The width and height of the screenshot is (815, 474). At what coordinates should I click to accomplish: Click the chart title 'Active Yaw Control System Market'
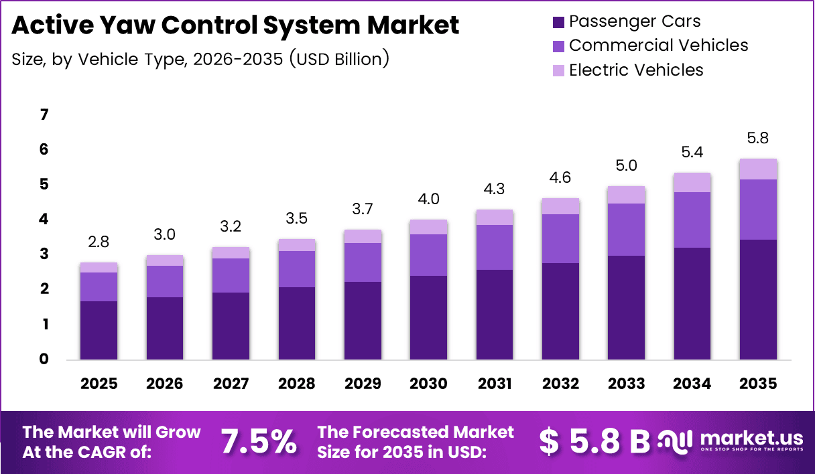(x=235, y=25)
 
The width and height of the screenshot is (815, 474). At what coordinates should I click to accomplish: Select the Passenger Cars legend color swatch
(x=558, y=22)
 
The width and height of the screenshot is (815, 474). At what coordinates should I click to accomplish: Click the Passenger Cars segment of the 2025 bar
(x=99, y=330)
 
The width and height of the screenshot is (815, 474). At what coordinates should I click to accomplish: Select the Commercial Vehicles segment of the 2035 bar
(x=758, y=209)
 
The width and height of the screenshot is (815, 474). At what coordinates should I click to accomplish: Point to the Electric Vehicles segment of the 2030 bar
(x=428, y=227)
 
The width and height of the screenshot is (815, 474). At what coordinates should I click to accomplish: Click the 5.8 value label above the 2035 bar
(x=758, y=139)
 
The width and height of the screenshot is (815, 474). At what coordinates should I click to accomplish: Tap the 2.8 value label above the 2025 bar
(x=99, y=242)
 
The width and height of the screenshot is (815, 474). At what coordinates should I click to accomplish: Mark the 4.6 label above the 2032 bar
(x=560, y=178)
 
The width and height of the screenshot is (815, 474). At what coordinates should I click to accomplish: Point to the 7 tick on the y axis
(x=44, y=115)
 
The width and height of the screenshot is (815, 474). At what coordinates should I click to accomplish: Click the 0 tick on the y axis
(x=44, y=360)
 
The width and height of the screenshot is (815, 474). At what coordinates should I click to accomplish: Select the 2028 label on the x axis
(x=296, y=384)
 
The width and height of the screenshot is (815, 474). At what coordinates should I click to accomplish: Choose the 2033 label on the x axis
(x=626, y=384)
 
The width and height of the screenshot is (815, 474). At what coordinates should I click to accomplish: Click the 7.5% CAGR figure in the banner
(x=259, y=442)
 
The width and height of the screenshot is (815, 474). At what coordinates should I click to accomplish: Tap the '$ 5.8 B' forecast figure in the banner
(x=595, y=442)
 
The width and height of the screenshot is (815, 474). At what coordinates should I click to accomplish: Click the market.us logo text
(x=751, y=439)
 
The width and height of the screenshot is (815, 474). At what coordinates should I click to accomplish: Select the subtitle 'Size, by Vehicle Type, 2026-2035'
(x=200, y=59)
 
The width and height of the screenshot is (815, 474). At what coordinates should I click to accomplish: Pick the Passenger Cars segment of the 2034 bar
(x=692, y=303)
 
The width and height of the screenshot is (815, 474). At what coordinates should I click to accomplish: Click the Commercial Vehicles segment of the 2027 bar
(x=231, y=275)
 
